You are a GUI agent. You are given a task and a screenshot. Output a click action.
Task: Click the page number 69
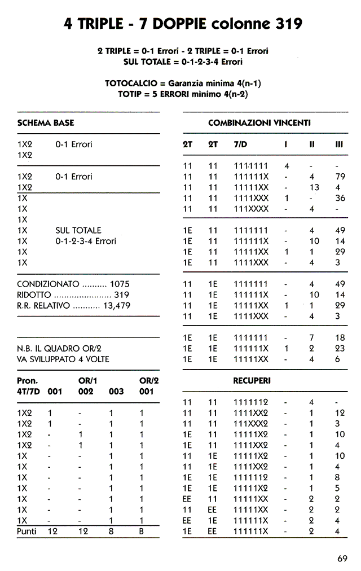pos(342,559)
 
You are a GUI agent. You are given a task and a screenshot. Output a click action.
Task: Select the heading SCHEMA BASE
pos(46,122)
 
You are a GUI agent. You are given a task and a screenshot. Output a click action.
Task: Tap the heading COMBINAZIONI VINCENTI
pos(259,122)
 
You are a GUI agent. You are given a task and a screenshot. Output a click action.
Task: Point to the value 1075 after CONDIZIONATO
pos(120,284)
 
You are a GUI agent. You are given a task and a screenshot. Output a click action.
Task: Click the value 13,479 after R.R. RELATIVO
pos(117,305)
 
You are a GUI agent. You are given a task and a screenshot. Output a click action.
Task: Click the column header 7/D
pos(240,144)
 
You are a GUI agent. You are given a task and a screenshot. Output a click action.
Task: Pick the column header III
pos(339,144)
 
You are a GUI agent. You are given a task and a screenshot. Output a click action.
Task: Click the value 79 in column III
pos(340,177)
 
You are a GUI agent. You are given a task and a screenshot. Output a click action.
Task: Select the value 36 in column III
pos(340,198)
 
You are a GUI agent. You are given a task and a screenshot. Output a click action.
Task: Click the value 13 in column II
pos(314,187)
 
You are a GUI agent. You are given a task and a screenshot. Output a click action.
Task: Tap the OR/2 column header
pos(149,381)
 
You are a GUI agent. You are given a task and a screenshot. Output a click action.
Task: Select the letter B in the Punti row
pos(142,532)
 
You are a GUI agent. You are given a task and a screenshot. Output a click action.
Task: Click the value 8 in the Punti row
pos(111,532)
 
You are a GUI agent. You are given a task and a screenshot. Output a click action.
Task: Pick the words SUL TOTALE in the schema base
pos(78,230)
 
